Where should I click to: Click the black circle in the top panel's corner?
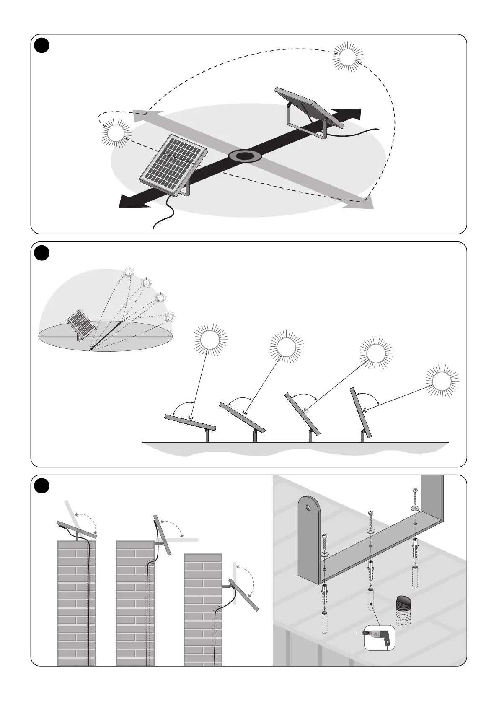point(42,46)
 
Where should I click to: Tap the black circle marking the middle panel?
point(42,253)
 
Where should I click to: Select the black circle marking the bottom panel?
point(42,486)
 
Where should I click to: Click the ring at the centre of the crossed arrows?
point(245,156)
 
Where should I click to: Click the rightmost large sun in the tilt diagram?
point(442,382)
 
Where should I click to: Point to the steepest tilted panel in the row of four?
point(360,413)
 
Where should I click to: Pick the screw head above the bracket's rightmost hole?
point(414,490)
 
